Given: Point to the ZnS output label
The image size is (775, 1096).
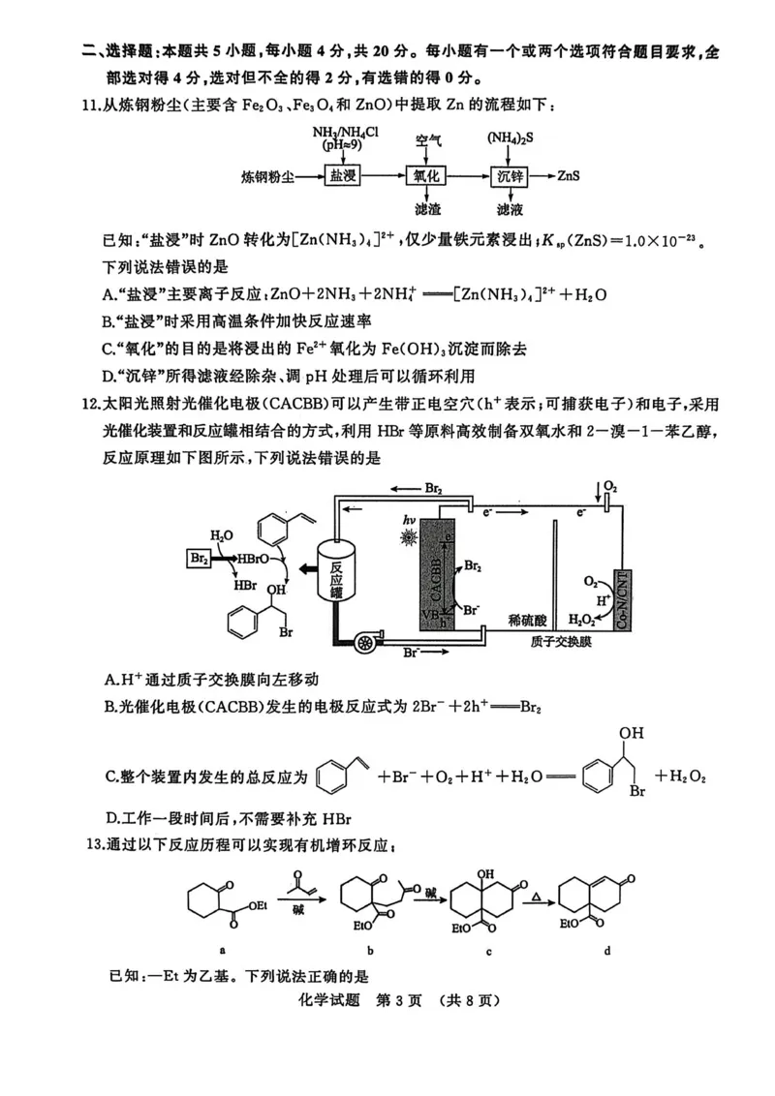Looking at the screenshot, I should pyautogui.click(x=572, y=176).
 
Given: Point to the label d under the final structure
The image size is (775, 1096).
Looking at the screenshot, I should pyautogui.click(x=607, y=950).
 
